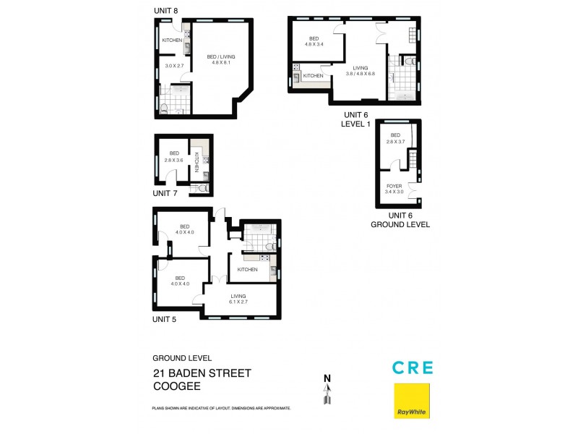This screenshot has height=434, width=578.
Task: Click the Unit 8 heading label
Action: [166, 11]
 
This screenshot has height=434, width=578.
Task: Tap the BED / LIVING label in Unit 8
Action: [221, 57]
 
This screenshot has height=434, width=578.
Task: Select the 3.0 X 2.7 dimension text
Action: [174, 66]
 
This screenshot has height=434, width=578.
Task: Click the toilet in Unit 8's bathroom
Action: [165, 109]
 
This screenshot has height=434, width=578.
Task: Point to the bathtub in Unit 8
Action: [180, 90]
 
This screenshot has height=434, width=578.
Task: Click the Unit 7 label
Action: [165, 193]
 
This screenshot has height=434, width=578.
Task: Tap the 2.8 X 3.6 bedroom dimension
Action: [174, 160]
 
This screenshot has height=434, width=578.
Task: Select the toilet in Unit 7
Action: [202, 189]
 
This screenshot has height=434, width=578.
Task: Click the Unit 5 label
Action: [164, 319]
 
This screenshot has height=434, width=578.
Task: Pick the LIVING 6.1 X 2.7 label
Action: [238, 299]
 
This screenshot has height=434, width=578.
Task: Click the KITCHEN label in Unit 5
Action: [247, 269]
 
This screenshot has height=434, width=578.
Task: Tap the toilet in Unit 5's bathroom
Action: [271, 246]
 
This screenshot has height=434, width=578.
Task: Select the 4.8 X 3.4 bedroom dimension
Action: [314, 44]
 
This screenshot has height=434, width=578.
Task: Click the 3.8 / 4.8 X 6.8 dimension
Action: [360, 74]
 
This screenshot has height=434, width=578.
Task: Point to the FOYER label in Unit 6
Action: [394, 187]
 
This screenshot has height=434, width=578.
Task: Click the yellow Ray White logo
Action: [412, 401]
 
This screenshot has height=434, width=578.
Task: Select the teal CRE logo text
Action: [413, 367]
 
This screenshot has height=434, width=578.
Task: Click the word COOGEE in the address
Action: [177, 386]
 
